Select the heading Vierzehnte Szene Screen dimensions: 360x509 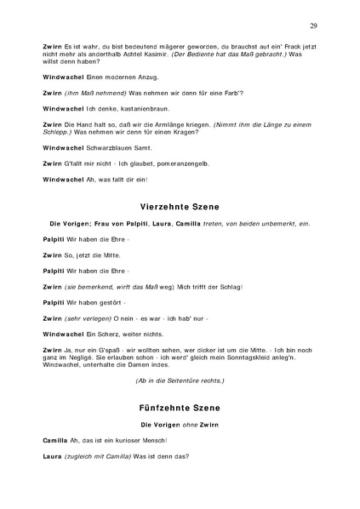pos(179,206)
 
